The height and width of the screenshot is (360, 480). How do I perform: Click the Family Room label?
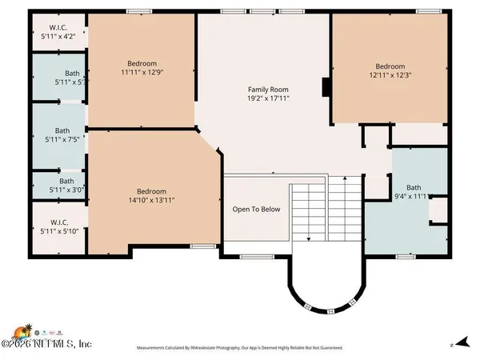[268, 90]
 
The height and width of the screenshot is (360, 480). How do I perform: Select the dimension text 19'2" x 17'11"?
[268, 100]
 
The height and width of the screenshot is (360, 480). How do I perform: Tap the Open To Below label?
[256, 210]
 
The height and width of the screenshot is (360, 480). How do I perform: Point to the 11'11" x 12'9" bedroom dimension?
[142, 74]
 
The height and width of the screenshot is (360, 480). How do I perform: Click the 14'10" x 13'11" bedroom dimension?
[151, 201]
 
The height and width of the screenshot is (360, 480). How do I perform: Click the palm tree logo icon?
[22, 330]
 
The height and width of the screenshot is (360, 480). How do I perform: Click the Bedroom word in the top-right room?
[390, 66]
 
